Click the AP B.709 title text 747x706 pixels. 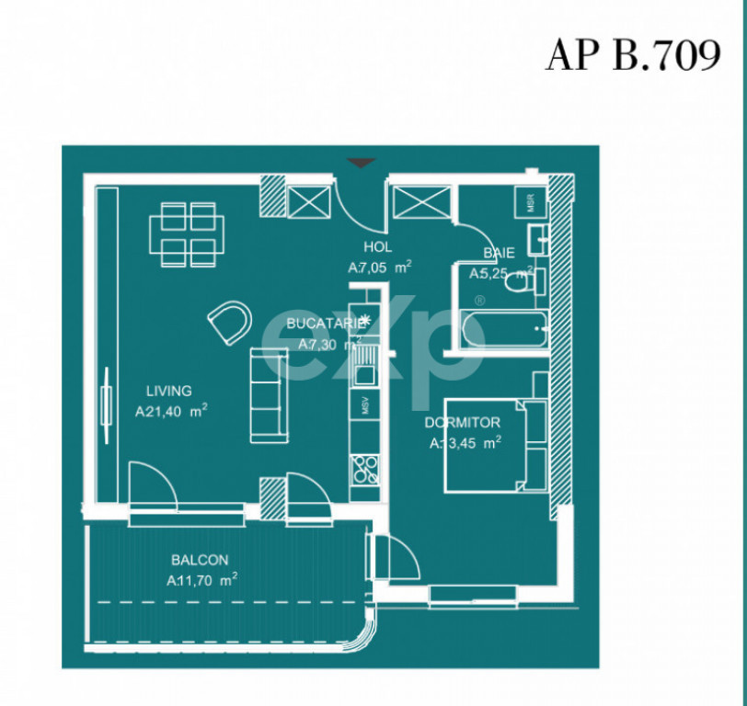click(632, 55)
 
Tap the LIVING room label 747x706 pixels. click(167, 392)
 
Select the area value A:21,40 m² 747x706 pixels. click(170, 413)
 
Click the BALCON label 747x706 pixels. click(199, 560)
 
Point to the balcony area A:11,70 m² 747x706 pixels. click(202, 580)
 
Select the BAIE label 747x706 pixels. click(499, 253)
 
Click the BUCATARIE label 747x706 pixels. click(320, 324)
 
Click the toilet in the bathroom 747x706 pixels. click(523, 283)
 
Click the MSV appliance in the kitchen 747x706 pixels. click(365, 404)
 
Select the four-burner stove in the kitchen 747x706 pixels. click(365, 468)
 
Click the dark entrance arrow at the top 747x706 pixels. click(362, 163)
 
